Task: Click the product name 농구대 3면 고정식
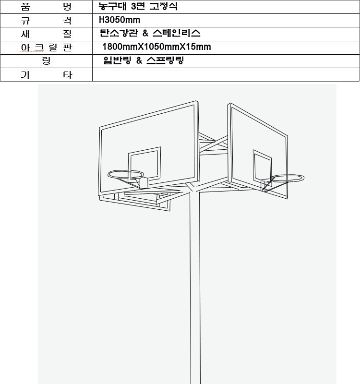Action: click(138, 6)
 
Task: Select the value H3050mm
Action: click(120, 20)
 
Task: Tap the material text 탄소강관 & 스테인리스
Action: click(150, 33)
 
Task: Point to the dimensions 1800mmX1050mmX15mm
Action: click(156, 47)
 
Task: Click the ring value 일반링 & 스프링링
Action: click(144, 60)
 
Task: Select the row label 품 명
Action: click(46, 7)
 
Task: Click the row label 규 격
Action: click(46, 20)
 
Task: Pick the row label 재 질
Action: click(46, 34)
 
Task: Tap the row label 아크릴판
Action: click(46, 48)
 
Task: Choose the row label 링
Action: click(46, 60)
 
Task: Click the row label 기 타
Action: click(46, 75)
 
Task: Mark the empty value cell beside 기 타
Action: click(226, 75)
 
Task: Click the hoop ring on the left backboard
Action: click(126, 171)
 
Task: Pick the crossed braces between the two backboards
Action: click(213, 144)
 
